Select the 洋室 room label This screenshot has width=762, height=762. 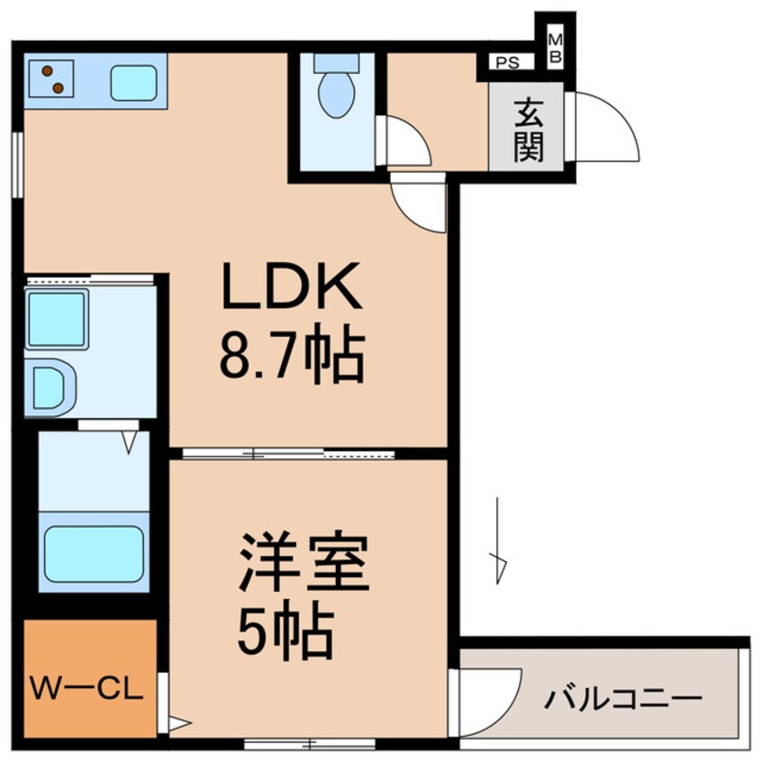(304, 564)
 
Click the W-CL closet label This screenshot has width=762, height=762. (87, 692)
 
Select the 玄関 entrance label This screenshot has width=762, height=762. (529, 131)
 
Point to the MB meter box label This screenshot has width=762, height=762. (555, 48)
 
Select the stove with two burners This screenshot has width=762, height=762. (51, 78)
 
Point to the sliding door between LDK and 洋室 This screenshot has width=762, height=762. (288, 453)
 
